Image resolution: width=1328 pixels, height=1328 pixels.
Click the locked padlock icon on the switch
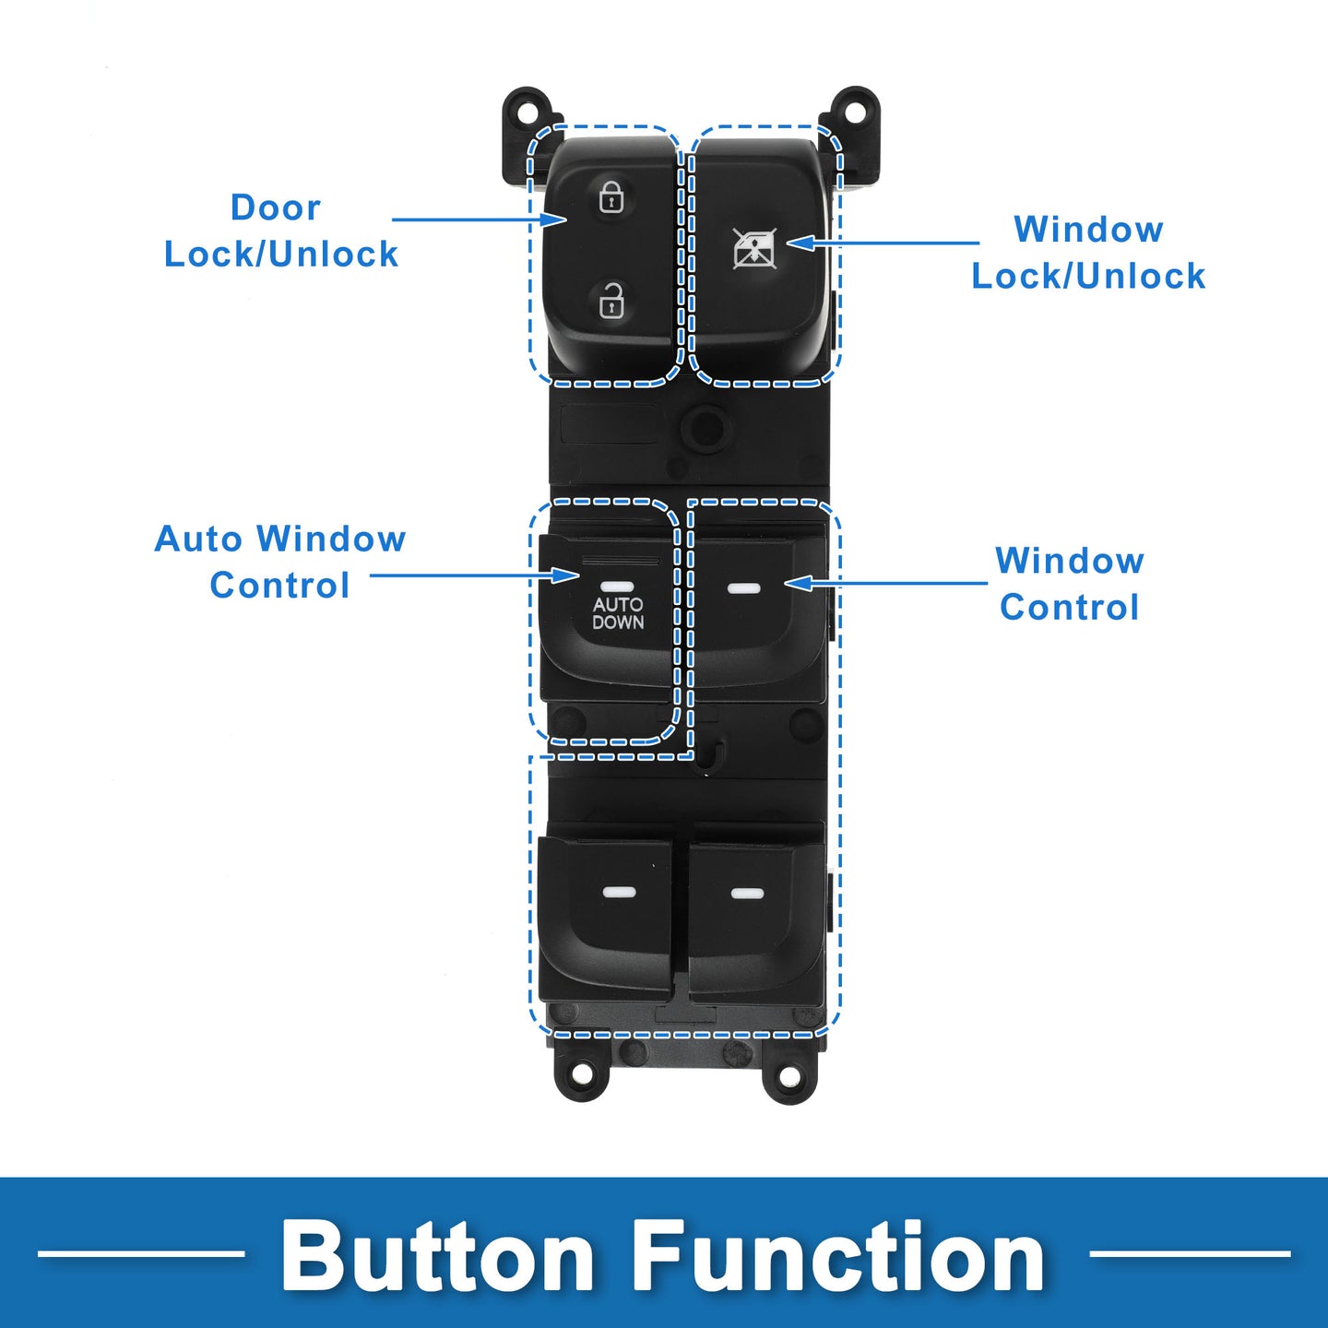(611, 196)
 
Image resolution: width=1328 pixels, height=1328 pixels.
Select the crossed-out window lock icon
(754, 248)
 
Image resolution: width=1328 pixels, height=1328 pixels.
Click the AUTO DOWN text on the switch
(618, 613)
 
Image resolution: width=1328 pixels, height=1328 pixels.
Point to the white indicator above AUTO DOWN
(617, 587)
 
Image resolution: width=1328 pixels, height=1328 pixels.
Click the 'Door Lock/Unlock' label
(280, 231)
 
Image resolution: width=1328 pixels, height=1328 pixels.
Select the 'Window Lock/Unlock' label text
(1088, 253)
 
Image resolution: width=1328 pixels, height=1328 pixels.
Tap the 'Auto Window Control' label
(279, 563)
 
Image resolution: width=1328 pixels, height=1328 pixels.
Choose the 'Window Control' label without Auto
(1070, 585)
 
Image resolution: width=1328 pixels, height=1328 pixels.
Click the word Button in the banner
(437, 1255)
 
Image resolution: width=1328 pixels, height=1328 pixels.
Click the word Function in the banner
(838, 1255)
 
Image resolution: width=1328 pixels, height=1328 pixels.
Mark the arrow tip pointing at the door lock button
(565, 219)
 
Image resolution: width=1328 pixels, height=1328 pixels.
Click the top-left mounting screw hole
(528, 108)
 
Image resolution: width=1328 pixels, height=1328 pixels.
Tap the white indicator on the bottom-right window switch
(747, 894)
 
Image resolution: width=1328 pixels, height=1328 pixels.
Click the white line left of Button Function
(141, 1253)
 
